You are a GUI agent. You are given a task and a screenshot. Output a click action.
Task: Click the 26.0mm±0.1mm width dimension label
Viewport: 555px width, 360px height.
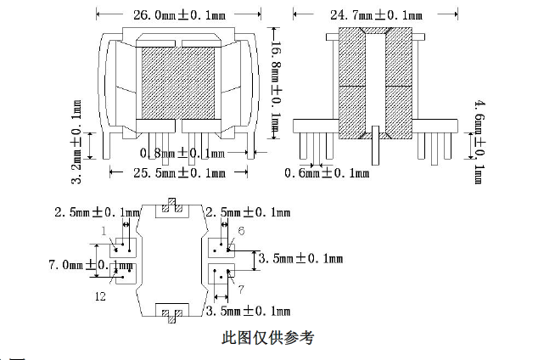(177, 14)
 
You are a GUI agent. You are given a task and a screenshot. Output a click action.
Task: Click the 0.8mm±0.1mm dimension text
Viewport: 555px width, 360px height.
(182, 153)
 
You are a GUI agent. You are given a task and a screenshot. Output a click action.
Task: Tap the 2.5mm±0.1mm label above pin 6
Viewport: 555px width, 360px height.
(254, 211)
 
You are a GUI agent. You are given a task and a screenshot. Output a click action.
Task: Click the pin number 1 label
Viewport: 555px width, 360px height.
(104, 231)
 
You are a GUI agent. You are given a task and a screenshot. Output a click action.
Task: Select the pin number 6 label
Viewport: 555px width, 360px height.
(241, 231)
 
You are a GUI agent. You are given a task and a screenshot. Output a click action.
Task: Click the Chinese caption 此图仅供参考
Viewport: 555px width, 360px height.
(267, 337)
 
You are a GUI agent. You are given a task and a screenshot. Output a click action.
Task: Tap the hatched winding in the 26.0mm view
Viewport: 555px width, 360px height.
(177, 82)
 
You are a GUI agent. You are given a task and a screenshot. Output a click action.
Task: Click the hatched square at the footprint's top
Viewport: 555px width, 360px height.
(172, 205)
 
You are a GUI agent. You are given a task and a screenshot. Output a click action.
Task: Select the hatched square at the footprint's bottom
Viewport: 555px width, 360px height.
(172, 313)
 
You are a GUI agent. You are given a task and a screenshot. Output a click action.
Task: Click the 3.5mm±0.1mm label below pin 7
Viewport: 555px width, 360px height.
(249, 312)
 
